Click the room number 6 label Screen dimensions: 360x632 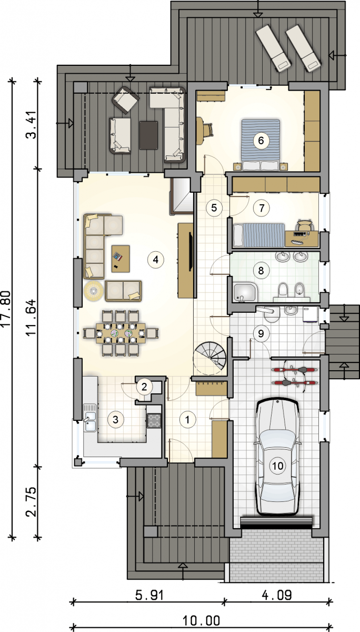click(x=261, y=141)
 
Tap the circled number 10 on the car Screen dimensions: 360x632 click(x=277, y=466)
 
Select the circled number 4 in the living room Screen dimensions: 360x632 click(x=156, y=260)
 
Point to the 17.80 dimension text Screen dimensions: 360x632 click(x=6, y=309)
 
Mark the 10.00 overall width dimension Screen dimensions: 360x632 click(x=201, y=621)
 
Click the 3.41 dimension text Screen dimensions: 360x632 click(x=31, y=124)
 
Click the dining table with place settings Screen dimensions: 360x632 click(x=121, y=333)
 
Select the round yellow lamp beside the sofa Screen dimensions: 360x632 click(x=93, y=290)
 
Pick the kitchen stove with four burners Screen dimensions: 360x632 click(x=154, y=421)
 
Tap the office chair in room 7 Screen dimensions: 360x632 click(x=304, y=225)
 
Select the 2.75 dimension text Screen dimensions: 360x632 click(x=31, y=501)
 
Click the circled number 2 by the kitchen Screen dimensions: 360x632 click(x=144, y=387)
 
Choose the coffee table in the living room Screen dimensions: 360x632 click(x=121, y=259)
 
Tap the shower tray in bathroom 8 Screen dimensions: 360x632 click(x=245, y=293)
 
